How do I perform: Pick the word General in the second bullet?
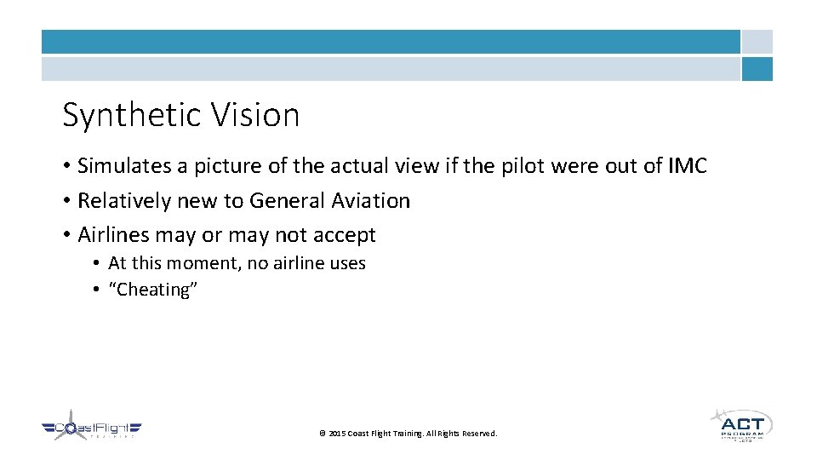(282, 201)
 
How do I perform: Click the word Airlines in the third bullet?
(113, 234)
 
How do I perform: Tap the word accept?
(344, 235)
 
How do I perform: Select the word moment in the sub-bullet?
(202, 263)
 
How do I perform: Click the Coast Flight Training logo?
(91, 429)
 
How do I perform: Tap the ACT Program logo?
(740, 425)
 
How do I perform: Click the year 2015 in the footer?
(336, 434)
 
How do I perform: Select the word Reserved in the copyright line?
(479, 434)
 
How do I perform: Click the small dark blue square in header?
(757, 69)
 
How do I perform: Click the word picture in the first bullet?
(225, 166)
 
